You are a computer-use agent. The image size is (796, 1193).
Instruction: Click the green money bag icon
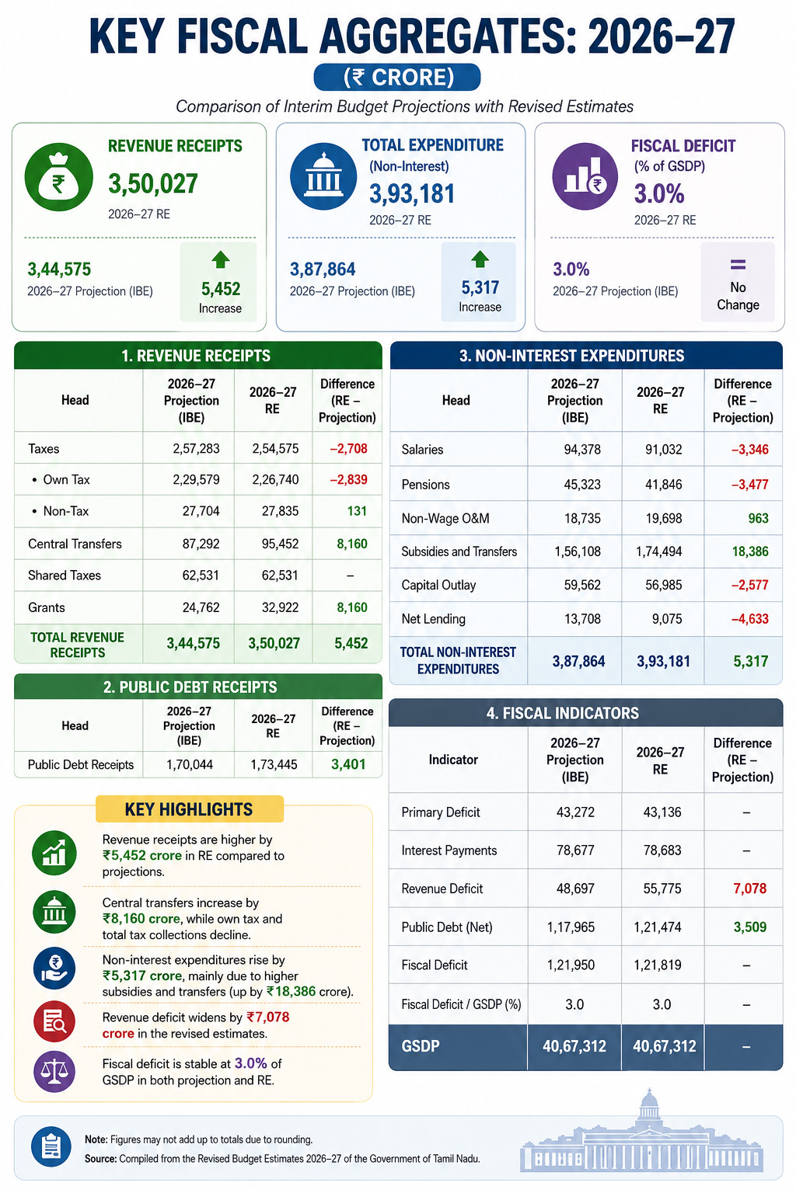(x=58, y=177)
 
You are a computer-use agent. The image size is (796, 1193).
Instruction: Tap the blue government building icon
(x=323, y=176)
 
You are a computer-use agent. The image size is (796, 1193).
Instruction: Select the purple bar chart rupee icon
(x=585, y=176)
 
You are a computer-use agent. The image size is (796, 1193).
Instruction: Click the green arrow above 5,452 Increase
(x=221, y=260)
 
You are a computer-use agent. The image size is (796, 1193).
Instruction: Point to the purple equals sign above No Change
(x=738, y=265)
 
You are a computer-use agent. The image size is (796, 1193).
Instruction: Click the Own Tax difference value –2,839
(x=349, y=479)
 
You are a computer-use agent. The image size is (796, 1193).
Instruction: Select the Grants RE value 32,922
(x=280, y=607)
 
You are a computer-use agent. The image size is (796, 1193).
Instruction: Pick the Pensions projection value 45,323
(x=582, y=484)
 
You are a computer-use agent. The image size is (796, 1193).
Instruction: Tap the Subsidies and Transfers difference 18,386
(x=750, y=551)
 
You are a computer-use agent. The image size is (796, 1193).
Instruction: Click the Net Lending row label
(x=434, y=619)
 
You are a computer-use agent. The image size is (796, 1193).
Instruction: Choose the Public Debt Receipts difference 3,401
(x=348, y=764)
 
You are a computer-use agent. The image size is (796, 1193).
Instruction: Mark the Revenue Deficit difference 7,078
(x=749, y=889)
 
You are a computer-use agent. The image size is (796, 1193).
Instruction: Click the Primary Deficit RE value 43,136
(x=662, y=812)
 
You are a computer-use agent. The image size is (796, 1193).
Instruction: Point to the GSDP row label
(x=421, y=1046)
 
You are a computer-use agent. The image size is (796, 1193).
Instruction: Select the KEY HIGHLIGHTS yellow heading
(x=189, y=809)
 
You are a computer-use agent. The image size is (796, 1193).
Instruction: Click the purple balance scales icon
(x=54, y=1070)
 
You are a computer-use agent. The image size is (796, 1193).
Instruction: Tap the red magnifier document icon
(x=54, y=1021)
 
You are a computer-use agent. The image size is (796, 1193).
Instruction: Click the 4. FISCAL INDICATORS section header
(x=585, y=712)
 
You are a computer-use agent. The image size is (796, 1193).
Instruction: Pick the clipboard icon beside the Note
(x=51, y=1146)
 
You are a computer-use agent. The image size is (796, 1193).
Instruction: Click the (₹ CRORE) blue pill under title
(x=397, y=77)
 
